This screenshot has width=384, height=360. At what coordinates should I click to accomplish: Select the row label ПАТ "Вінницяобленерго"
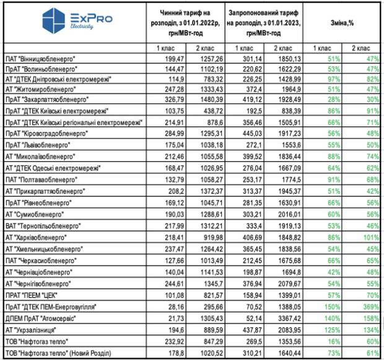41,58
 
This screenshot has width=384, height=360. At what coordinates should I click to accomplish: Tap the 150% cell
323,307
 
